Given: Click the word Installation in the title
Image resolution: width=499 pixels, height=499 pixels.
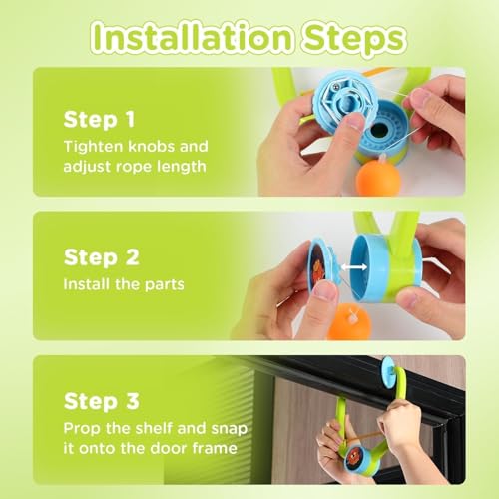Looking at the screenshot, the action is [193, 38].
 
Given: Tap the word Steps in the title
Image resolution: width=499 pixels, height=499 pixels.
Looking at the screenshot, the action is [353, 40].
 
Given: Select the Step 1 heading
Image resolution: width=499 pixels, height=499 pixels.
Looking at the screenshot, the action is [99, 120].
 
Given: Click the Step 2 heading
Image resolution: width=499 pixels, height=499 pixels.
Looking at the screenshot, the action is [101, 257].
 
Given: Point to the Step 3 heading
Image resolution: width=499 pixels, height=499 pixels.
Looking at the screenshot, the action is [101, 401].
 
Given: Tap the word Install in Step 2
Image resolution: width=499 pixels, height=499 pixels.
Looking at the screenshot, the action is [87, 284].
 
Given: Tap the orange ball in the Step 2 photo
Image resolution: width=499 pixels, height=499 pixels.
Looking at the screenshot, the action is [349, 322].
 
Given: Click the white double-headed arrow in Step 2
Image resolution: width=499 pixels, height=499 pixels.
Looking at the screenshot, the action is [354, 266].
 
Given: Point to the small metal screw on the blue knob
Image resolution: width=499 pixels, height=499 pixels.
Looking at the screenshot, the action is [336, 87].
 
